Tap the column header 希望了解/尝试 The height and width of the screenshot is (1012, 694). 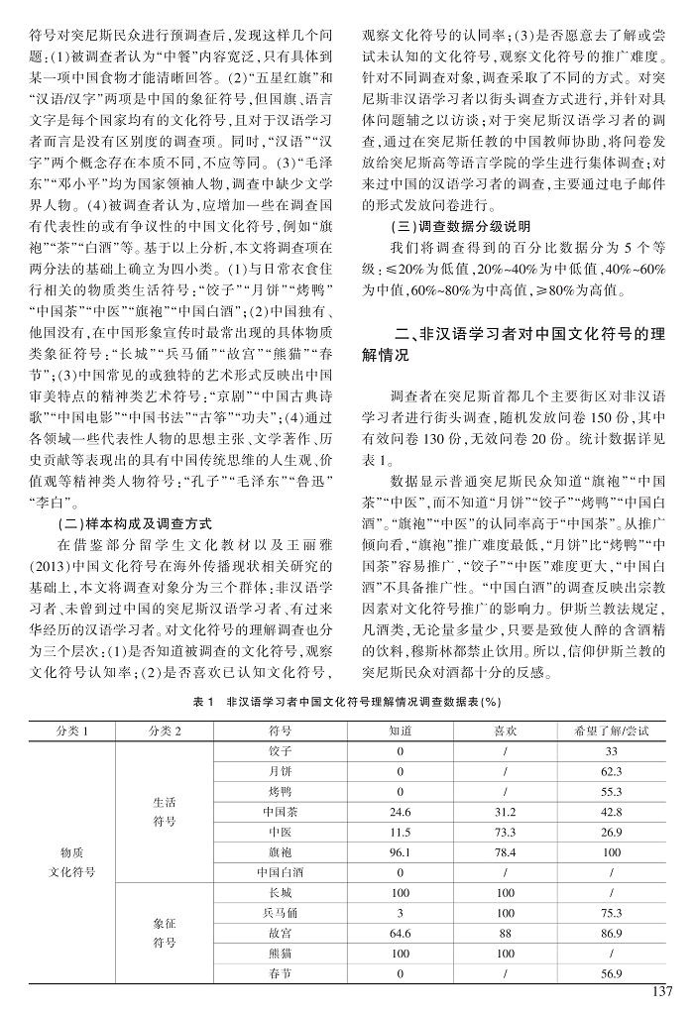click(611, 732)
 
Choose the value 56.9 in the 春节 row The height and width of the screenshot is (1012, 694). click(611, 973)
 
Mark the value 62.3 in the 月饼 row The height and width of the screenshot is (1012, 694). click(611, 771)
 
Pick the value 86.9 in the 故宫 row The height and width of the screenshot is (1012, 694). click(611, 933)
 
